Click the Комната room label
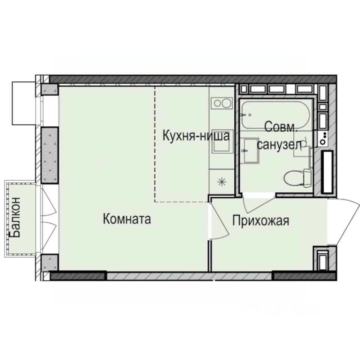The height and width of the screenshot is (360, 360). (127, 219)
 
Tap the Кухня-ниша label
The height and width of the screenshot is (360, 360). (195, 136)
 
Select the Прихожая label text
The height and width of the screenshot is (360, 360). (260, 220)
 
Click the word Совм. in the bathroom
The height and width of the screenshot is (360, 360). (281, 127)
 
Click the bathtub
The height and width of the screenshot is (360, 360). (275, 115)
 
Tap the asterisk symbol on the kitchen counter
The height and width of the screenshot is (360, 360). (222, 182)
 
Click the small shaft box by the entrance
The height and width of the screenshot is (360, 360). (321, 258)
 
